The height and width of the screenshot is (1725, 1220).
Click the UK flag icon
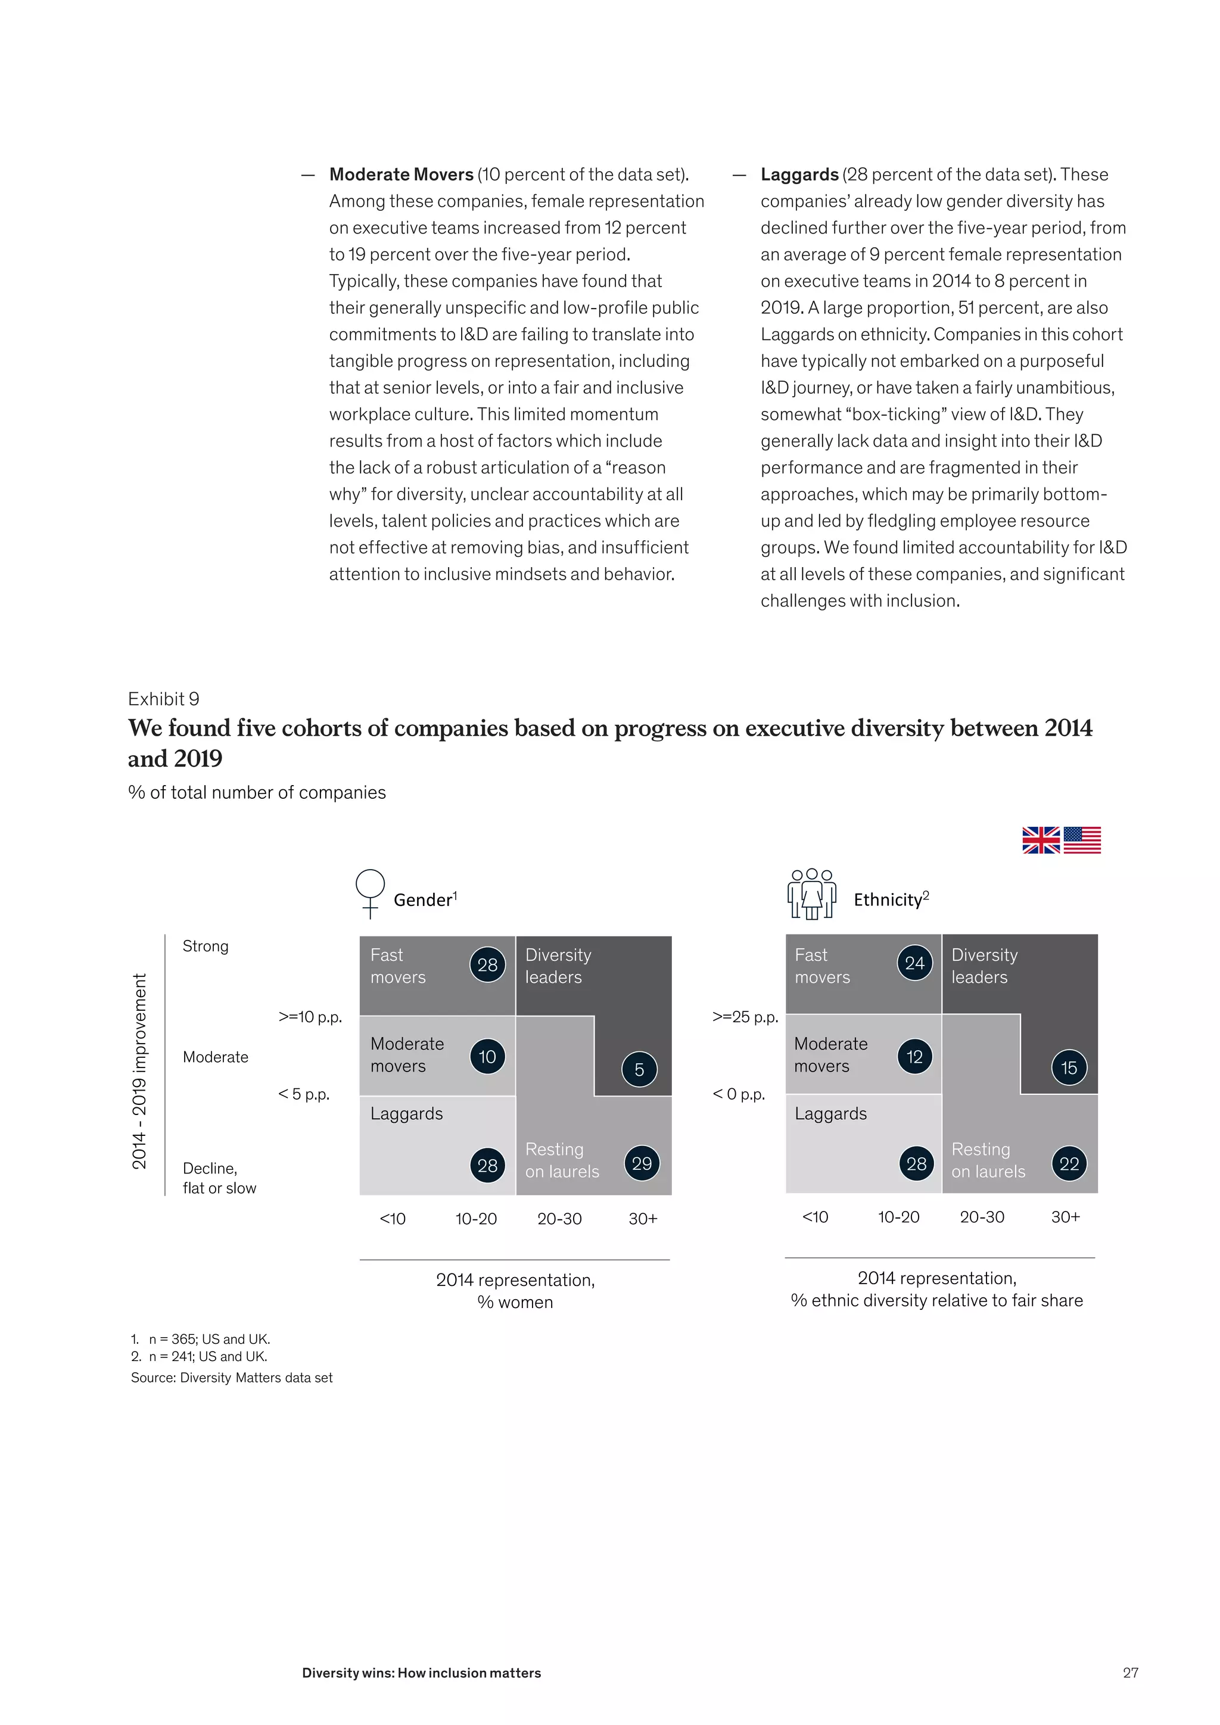coord(1041,840)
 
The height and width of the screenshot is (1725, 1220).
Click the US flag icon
coord(1082,840)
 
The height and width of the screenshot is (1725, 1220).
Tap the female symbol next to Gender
coord(369,893)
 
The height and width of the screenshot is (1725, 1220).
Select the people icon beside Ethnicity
coord(811,893)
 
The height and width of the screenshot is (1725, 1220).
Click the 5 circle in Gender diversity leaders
coord(639,1069)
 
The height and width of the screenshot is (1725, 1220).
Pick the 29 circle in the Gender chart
coord(642,1163)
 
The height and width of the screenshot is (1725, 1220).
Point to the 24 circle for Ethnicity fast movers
coord(914,963)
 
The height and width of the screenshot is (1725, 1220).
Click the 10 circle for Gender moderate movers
coord(487,1056)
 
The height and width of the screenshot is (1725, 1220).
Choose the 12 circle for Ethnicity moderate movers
coord(914,1056)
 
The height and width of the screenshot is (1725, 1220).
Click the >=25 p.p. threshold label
coord(745,1017)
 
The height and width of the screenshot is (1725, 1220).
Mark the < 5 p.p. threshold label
coord(303,1094)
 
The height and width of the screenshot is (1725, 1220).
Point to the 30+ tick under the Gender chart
coord(642,1219)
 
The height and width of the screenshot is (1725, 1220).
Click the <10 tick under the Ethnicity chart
coord(815,1216)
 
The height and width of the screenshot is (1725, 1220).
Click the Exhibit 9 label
coord(163,699)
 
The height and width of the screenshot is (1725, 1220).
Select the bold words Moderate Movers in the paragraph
coord(401,175)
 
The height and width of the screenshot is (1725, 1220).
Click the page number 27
coord(1130,1673)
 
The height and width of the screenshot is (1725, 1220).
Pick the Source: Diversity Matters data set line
coord(231,1377)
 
